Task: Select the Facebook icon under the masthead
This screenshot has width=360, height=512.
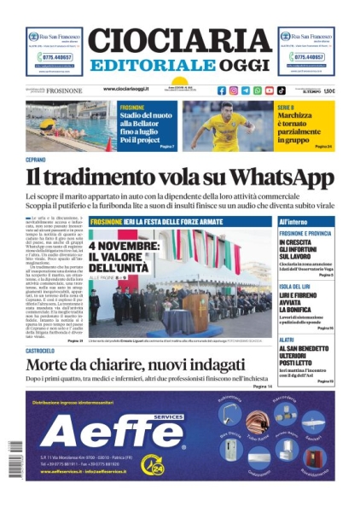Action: [x=222, y=90]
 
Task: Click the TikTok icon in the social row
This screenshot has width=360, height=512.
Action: [x=282, y=90]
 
